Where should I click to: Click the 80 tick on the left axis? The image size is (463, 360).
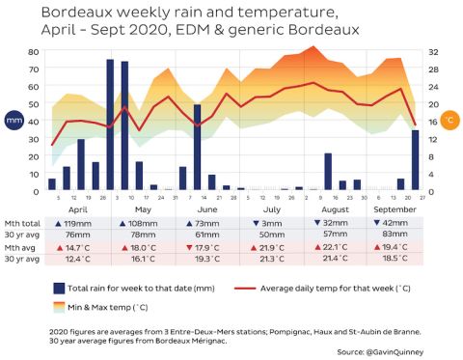(33, 51)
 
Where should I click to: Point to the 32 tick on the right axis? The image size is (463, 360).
(433, 51)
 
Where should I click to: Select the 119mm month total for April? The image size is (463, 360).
(80, 221)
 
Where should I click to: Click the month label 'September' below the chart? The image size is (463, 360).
(388, 208)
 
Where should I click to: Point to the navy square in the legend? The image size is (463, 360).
(60, 288)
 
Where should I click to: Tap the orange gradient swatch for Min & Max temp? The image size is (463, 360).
(60, 307)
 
